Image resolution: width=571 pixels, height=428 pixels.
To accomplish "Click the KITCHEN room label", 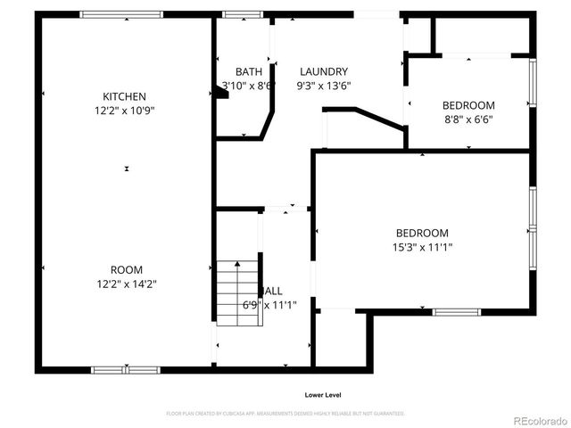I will coord(124,96).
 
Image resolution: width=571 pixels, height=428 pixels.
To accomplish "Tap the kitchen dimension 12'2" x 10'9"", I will coord(124,111).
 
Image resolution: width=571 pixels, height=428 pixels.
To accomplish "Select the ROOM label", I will coord(126,269).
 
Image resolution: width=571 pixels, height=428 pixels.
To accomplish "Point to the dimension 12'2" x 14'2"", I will coord(126,284).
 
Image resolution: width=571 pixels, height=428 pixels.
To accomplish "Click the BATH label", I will coord(249,72).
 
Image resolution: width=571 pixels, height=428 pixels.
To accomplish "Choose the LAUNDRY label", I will coord(323,72).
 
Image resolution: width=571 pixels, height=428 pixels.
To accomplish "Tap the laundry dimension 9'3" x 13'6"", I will coord(325,86).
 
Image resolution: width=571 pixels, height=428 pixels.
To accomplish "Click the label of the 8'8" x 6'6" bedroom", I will coord(468,105).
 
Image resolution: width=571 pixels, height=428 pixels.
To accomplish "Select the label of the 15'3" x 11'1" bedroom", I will coord(423,233).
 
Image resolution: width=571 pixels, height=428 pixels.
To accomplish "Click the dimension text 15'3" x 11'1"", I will coord(423,247).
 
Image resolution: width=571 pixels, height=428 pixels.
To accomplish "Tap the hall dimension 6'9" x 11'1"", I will coord(270,305).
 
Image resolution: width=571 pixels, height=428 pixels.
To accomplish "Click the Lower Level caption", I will coord(322,395).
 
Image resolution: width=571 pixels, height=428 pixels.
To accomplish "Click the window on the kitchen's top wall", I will coord(121,14).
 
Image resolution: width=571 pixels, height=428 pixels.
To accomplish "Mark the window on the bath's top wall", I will coord(236,14).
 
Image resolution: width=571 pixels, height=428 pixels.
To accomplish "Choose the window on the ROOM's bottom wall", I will coord(125,369).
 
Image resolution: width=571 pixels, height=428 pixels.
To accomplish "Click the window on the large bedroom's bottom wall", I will coord(456,312).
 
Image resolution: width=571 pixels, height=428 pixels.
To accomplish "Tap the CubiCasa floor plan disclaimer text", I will coord(285,414).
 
